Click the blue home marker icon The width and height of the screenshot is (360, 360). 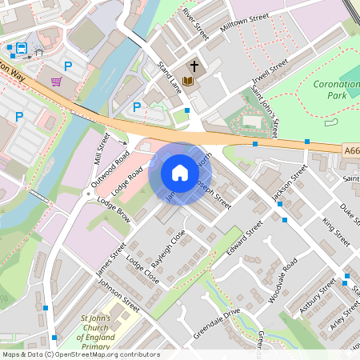pyautogui.click(x=180, y=172)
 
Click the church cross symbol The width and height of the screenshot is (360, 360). pyautogui.click(x=194, y=66)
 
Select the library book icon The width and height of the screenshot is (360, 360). pyautogui.click(x=188, y=81)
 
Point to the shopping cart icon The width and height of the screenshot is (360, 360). pyautogui.click(x=56, y=81)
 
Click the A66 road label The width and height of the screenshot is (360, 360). pyautogui.click(x=351, y=149)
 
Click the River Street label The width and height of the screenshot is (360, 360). pyautogui.click(x=195, y=25)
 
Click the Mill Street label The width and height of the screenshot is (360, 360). pyautogui.click(x=101, y=147)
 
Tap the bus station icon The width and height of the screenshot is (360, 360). pyautogui.click(x=21, y=48)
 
